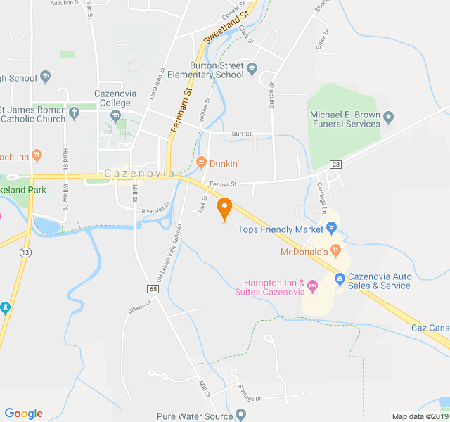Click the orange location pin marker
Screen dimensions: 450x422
224,209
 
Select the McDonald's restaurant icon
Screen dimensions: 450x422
336,250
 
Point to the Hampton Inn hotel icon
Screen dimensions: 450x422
313,286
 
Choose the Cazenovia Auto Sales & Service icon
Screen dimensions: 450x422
340,280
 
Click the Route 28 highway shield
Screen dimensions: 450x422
336,164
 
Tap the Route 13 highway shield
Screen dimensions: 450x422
26,252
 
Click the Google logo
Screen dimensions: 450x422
23,414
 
